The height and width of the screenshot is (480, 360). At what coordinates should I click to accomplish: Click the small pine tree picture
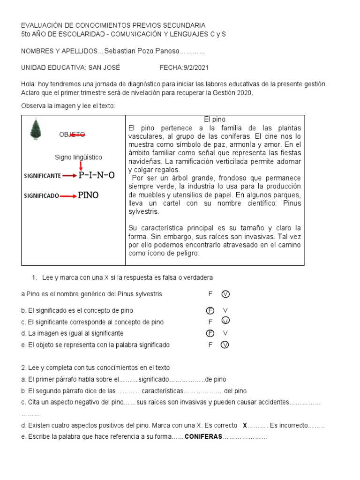point(35,129)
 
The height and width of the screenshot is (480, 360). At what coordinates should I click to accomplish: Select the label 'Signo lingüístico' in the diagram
point(78,157)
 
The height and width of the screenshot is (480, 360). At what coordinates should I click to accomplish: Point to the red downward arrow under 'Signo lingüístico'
point(81,165)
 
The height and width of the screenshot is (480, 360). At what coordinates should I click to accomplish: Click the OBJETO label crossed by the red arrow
point(72,135)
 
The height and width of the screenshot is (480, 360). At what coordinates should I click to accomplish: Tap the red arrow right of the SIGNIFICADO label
point(68,196)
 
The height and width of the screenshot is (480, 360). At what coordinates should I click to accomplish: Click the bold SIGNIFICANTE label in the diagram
point(42,176)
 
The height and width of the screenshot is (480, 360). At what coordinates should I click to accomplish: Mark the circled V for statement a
point(225,294)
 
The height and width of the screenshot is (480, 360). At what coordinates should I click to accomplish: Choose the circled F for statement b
point(210,310)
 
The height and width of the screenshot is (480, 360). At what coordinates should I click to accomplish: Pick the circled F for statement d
point(210,333)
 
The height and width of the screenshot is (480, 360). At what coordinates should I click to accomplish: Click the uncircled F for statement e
point(210,345)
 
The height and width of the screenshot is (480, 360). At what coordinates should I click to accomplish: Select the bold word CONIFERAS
point(203,437)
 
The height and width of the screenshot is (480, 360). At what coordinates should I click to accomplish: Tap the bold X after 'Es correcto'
point(245,426)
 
